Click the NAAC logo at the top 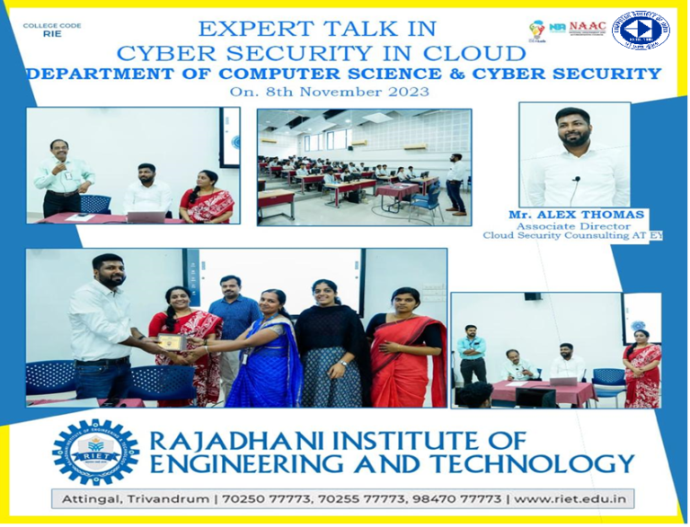(588, 27)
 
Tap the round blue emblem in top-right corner (641, 30)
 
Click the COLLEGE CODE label (52, 25)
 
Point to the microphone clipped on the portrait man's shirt (575, 180)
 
